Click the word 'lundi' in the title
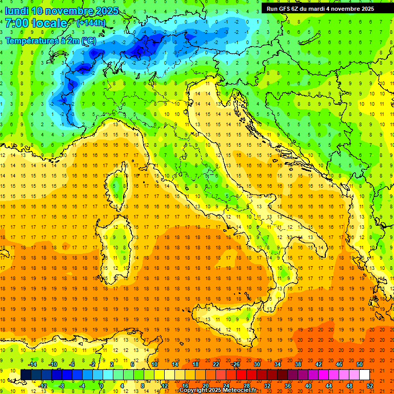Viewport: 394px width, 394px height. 16,11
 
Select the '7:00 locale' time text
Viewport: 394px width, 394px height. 36,23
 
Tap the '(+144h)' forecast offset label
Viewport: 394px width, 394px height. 91,23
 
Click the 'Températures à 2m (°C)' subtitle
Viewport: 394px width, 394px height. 50,41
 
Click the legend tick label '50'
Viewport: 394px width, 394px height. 359,364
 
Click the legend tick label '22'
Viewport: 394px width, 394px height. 216,364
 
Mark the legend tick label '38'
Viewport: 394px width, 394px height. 298,364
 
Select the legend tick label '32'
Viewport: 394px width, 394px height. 267,386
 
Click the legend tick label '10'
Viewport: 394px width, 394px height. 154,364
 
